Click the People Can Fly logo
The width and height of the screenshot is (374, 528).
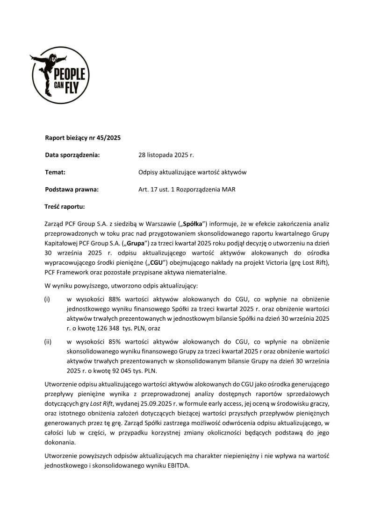click(x=60, y=75)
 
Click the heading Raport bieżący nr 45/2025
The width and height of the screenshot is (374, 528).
click(x=83, y=138)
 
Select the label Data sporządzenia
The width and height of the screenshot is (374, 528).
click(x=72, y=155)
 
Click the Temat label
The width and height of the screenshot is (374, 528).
click(x=55, y=172)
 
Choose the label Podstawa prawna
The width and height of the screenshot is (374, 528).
click(x=72, y=190)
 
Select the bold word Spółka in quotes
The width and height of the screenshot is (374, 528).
click(x=193, y=224)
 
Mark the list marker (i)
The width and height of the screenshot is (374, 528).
click(x=47, y=298)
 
